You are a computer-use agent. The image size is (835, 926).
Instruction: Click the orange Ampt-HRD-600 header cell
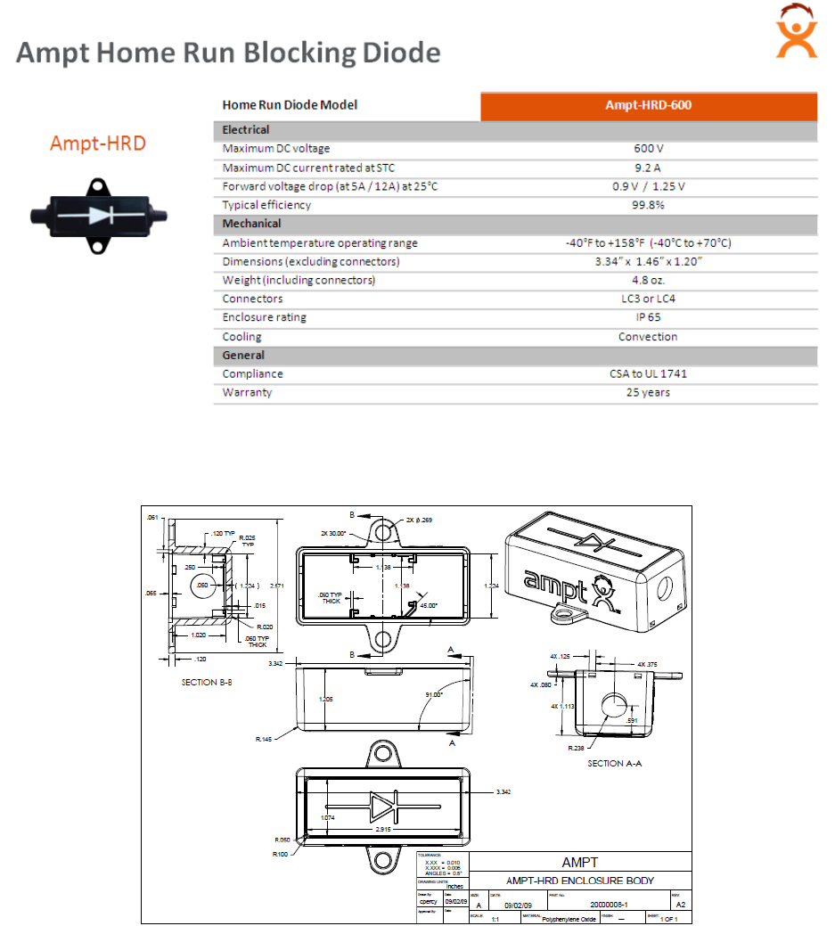[x=648, y=105]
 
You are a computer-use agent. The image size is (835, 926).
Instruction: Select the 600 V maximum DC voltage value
[x=648, y=149]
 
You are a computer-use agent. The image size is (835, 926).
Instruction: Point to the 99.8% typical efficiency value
[x=648, y=205]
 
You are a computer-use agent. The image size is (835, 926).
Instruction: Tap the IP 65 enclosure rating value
[x=648, y=317]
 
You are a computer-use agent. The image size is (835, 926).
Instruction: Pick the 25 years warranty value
[x=648, y=392]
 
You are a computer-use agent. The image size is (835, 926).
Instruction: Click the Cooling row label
[x=242, y=337]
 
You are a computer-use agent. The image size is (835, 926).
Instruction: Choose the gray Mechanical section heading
[x=252, y=224]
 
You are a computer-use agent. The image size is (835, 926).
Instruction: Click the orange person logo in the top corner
[x=796, y=34]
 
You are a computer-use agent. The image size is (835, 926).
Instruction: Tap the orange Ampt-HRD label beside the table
[x=97, y=143]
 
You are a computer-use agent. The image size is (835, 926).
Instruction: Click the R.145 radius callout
[x=263, y=739]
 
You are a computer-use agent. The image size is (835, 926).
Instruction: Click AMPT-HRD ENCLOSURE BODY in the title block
[x=580, y=881]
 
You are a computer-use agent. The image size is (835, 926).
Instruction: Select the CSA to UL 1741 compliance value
[x=648, y=373]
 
